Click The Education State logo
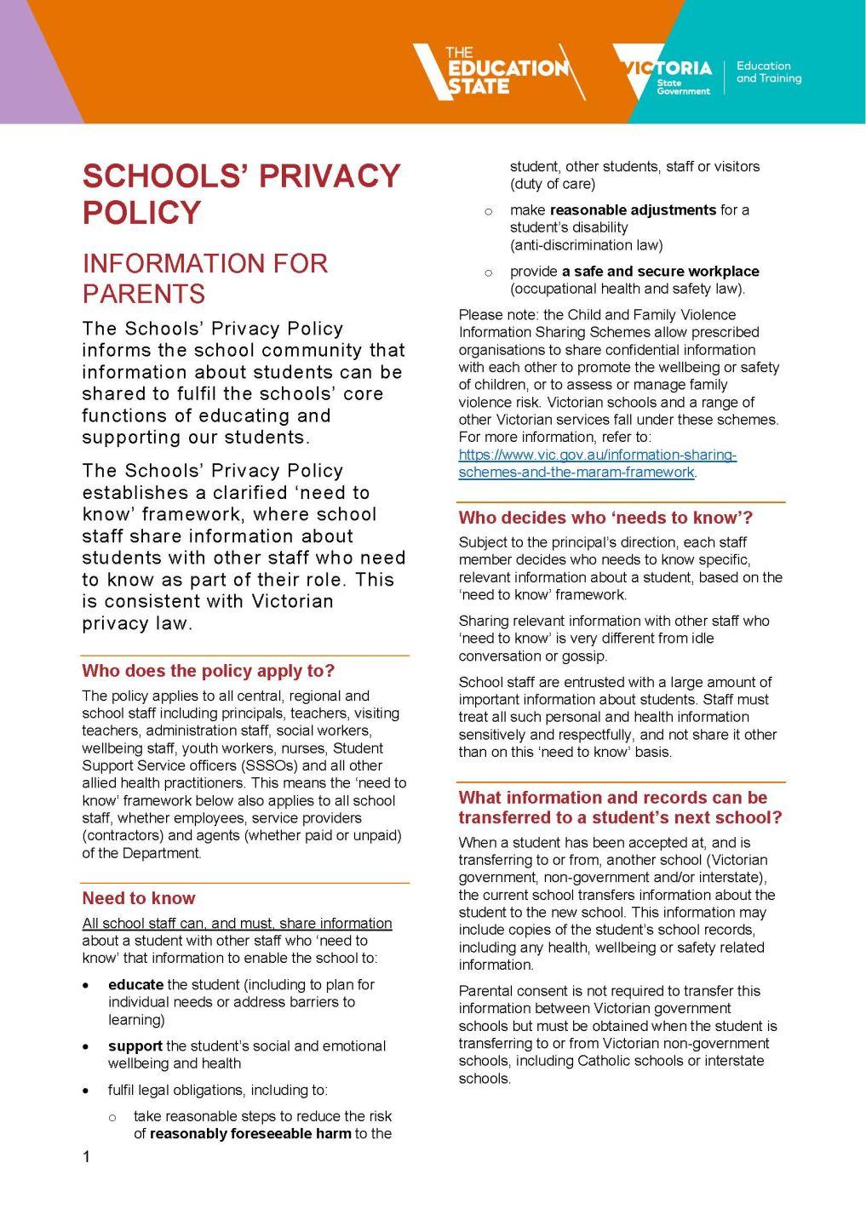(494, 71)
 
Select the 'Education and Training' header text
(768, 72)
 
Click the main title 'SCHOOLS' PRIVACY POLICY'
(241, 193)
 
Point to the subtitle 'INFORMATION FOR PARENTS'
(204, 278)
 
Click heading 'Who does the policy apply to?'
(209, 671)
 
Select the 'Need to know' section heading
(139, 898)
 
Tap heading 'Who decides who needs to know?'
(605, 518)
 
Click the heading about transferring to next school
(620, 807)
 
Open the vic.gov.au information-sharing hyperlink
(597, 463)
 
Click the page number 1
(86, 1156)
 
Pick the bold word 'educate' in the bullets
(135, 984)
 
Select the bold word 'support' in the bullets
(135, 1046)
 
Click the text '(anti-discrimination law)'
(586, 245)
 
